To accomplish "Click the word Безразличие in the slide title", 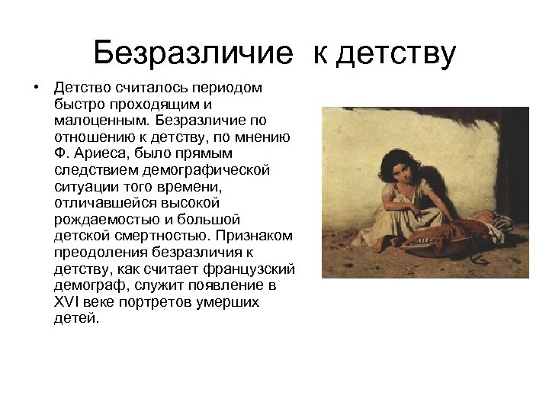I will [x=193, y=53].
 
